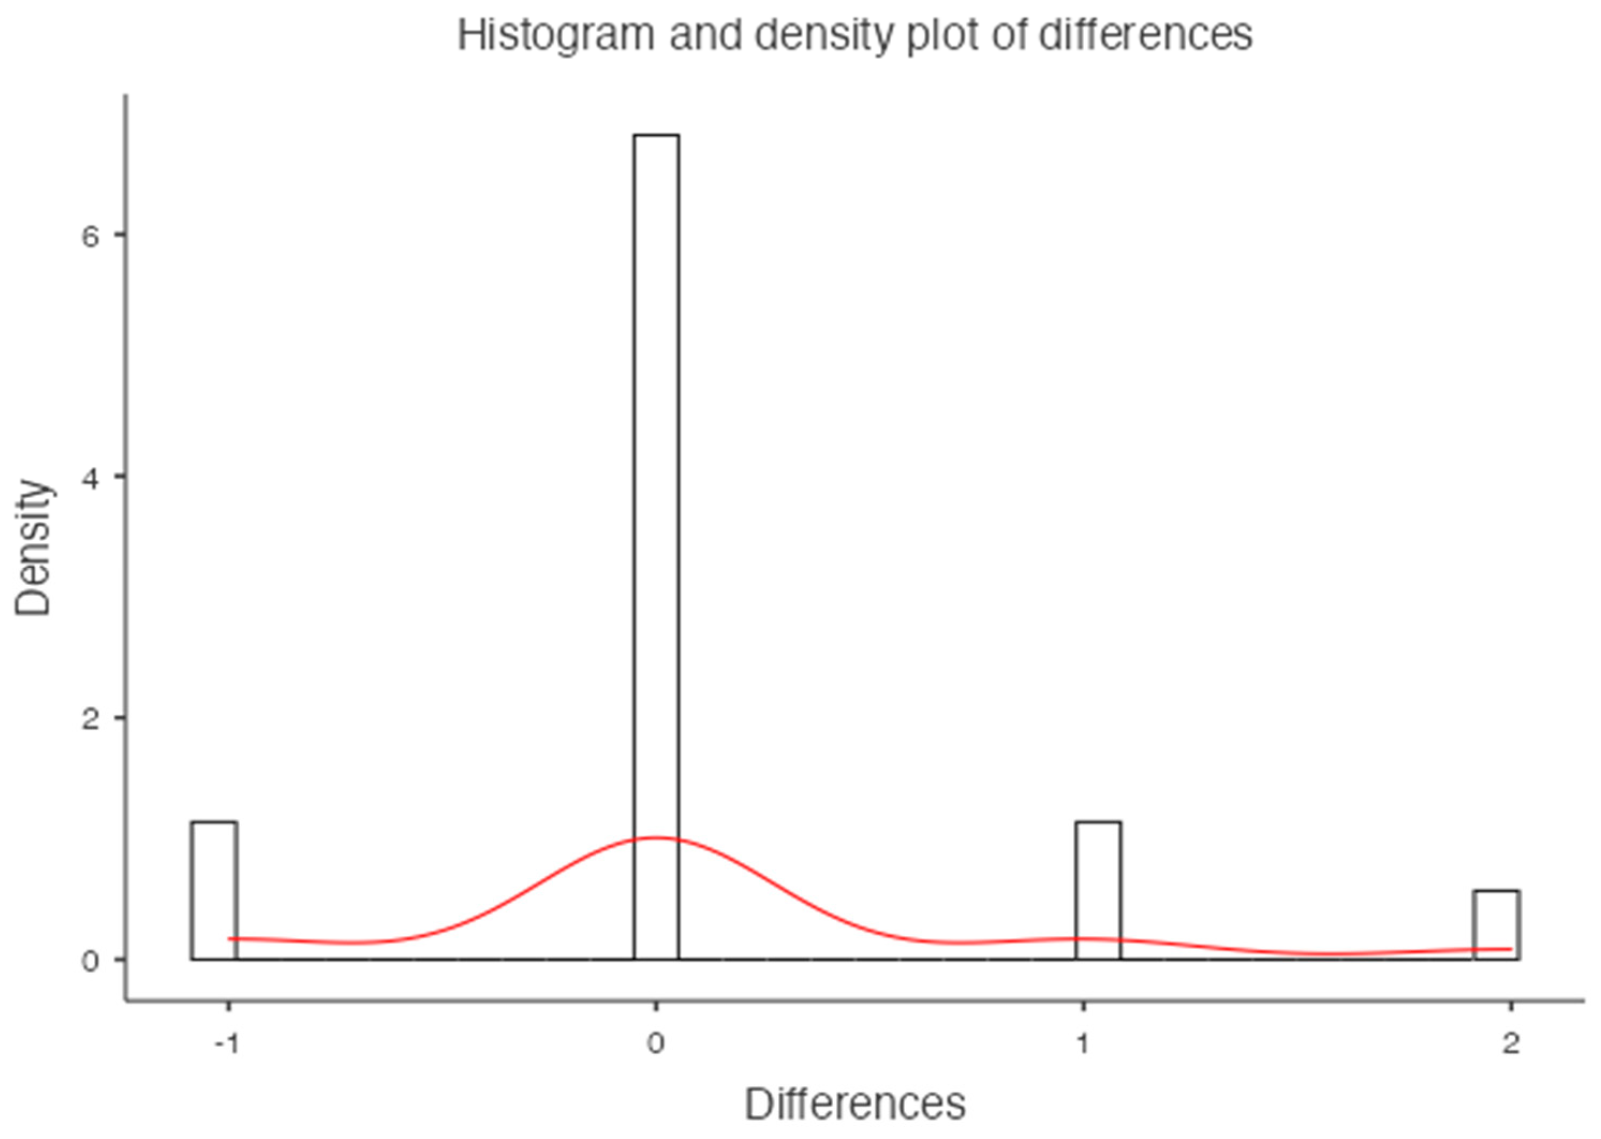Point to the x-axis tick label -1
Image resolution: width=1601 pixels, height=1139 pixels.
(227, 1044)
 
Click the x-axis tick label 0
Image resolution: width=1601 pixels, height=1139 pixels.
(656, 1044)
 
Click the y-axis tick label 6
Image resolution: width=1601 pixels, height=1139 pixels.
(90, 236)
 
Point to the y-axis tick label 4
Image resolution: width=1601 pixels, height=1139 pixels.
(90, 478)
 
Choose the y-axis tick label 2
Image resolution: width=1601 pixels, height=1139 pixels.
(90, 719)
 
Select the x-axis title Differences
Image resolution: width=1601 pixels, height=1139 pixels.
(854, 1105)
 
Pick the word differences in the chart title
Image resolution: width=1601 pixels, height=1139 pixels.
(1145, 35)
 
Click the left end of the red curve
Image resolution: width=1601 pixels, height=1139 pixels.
(230, 938)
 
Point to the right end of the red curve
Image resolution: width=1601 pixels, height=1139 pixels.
(1510, 949)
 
